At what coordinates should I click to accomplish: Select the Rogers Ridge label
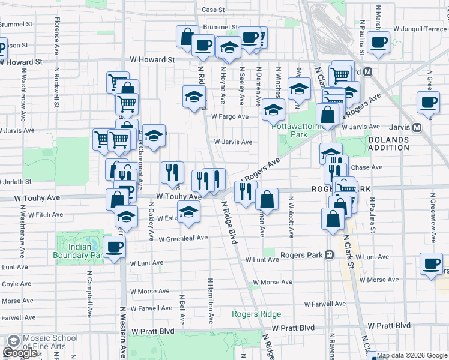coord(256,314)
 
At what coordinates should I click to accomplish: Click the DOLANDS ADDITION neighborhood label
coord(389,143)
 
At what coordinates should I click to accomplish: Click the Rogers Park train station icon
coord(329,254)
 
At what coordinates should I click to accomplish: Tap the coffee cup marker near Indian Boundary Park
coord(114,246)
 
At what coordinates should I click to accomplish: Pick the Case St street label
coord(213,10)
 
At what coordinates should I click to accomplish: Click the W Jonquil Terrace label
coord(420,29)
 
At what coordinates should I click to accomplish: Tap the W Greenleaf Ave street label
coord(183,238)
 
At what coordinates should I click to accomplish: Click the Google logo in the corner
coord(19,353)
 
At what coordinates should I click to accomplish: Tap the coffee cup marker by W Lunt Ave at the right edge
coord(431,263)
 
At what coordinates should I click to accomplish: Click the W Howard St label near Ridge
coord(152,60)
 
